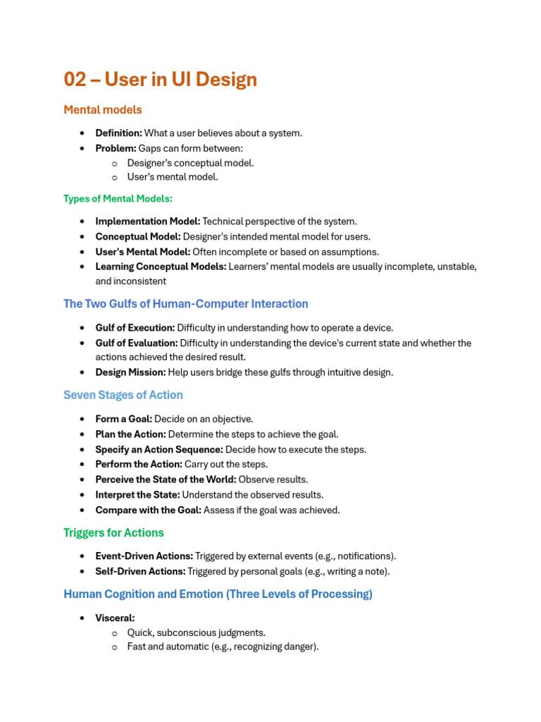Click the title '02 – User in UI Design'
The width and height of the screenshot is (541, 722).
(160, 80)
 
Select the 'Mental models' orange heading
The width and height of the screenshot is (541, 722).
(102, 110)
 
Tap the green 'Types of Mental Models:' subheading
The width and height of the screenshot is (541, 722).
(118, 199)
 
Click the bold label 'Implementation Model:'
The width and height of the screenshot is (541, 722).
(147, 221)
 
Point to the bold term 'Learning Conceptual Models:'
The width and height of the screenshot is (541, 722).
(161, 267)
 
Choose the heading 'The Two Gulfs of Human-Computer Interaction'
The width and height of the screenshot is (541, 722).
(185, 304)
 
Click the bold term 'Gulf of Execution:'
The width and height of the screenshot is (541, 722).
(135, 328)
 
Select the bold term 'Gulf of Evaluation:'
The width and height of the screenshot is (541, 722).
(136, 343)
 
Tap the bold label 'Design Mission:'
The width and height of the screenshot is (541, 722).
(130, 372)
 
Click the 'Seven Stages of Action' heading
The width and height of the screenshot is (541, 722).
(123, 395)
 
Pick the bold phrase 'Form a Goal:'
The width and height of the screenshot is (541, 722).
(123, 420)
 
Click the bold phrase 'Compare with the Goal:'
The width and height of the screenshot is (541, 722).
(148, 510)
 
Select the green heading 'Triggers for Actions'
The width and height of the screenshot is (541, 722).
(113, 533)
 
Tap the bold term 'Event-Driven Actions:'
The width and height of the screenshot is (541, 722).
(144, 556)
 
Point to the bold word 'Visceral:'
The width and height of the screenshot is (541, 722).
(115, 618)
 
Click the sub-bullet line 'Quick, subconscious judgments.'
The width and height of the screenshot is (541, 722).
(196, 633)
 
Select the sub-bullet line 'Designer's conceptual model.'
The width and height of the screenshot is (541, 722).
(190, 163)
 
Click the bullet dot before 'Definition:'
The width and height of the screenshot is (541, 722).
(82, 133)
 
